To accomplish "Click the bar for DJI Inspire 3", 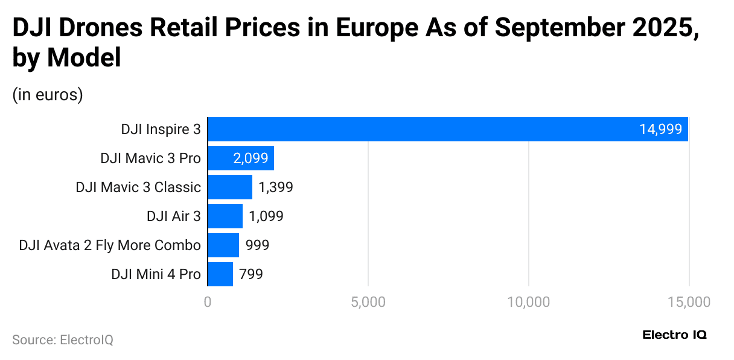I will pyautogui.click(x=447, y=129).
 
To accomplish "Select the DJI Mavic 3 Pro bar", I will pyautogui.click(x=241, y=158).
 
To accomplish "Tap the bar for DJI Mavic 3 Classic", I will pyautogui.click(x=230, y=187).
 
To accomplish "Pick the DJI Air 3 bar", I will pyautogui.click(x=225, y=216).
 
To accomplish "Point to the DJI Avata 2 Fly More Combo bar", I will pyautogui.click(x=223, y=245).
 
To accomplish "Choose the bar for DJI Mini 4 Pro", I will pyautogui.click(x=220, y=274).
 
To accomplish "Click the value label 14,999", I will pyautogui.click(x=660, y=129).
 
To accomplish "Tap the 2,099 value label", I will pyautogui.click(x=251, y=158).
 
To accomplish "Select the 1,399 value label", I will pyautogui.click(x=276, y=187).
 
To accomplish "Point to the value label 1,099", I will pyautogui.click(x=266, y=216).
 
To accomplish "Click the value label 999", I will pyautogui.click(x=257, y=245).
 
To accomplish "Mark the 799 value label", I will pyautogui.click(x=251, y=274).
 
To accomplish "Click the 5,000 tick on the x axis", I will pyautogui.click(x=368, y=302).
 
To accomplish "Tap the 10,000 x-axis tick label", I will pyautogui.click(x=528, y=302).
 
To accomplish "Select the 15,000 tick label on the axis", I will pyautogui.click(x=689, y=302).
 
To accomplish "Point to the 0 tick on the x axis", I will pyautogui.click(x=208, y=302).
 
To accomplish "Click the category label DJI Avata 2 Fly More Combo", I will pyautogui.click(x=110, y=245).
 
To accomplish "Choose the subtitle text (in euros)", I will pyautogui.click(x=48, y=95).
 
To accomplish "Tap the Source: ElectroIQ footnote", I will pyautogui.click(x=63, y=340).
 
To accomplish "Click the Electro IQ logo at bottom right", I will pyautogui.click(x=674, y=335).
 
